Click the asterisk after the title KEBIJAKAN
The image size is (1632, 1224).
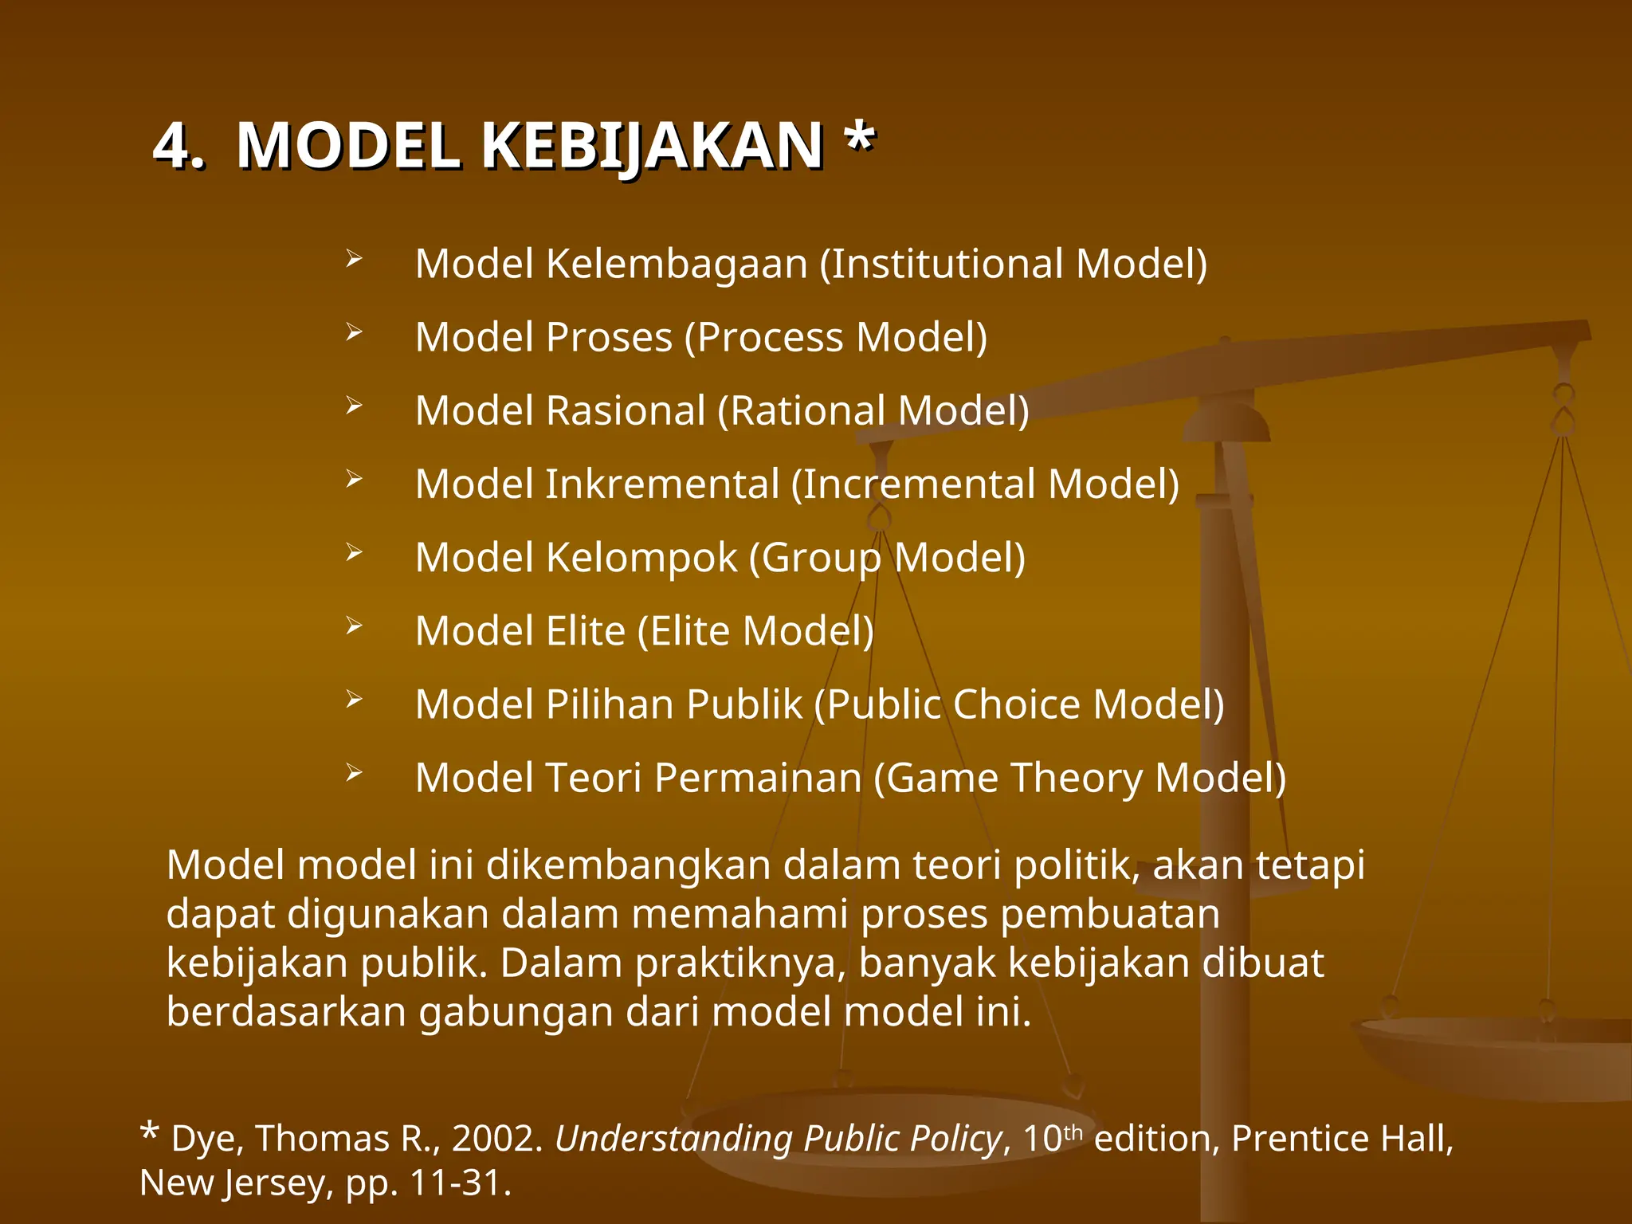pyautogui.click(x=860, y=139)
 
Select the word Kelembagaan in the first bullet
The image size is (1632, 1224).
pyautogui.click(x=677, y=264)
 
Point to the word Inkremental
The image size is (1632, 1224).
pyautogui.click(x=661, y=484)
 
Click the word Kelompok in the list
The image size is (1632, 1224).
pyautogui.click(x=641, y=558)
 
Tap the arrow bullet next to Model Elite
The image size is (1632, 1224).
pyautogui.click(x=354, y=626)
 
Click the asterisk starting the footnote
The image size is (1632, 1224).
pyautogui.click(x=149, y=1132)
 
